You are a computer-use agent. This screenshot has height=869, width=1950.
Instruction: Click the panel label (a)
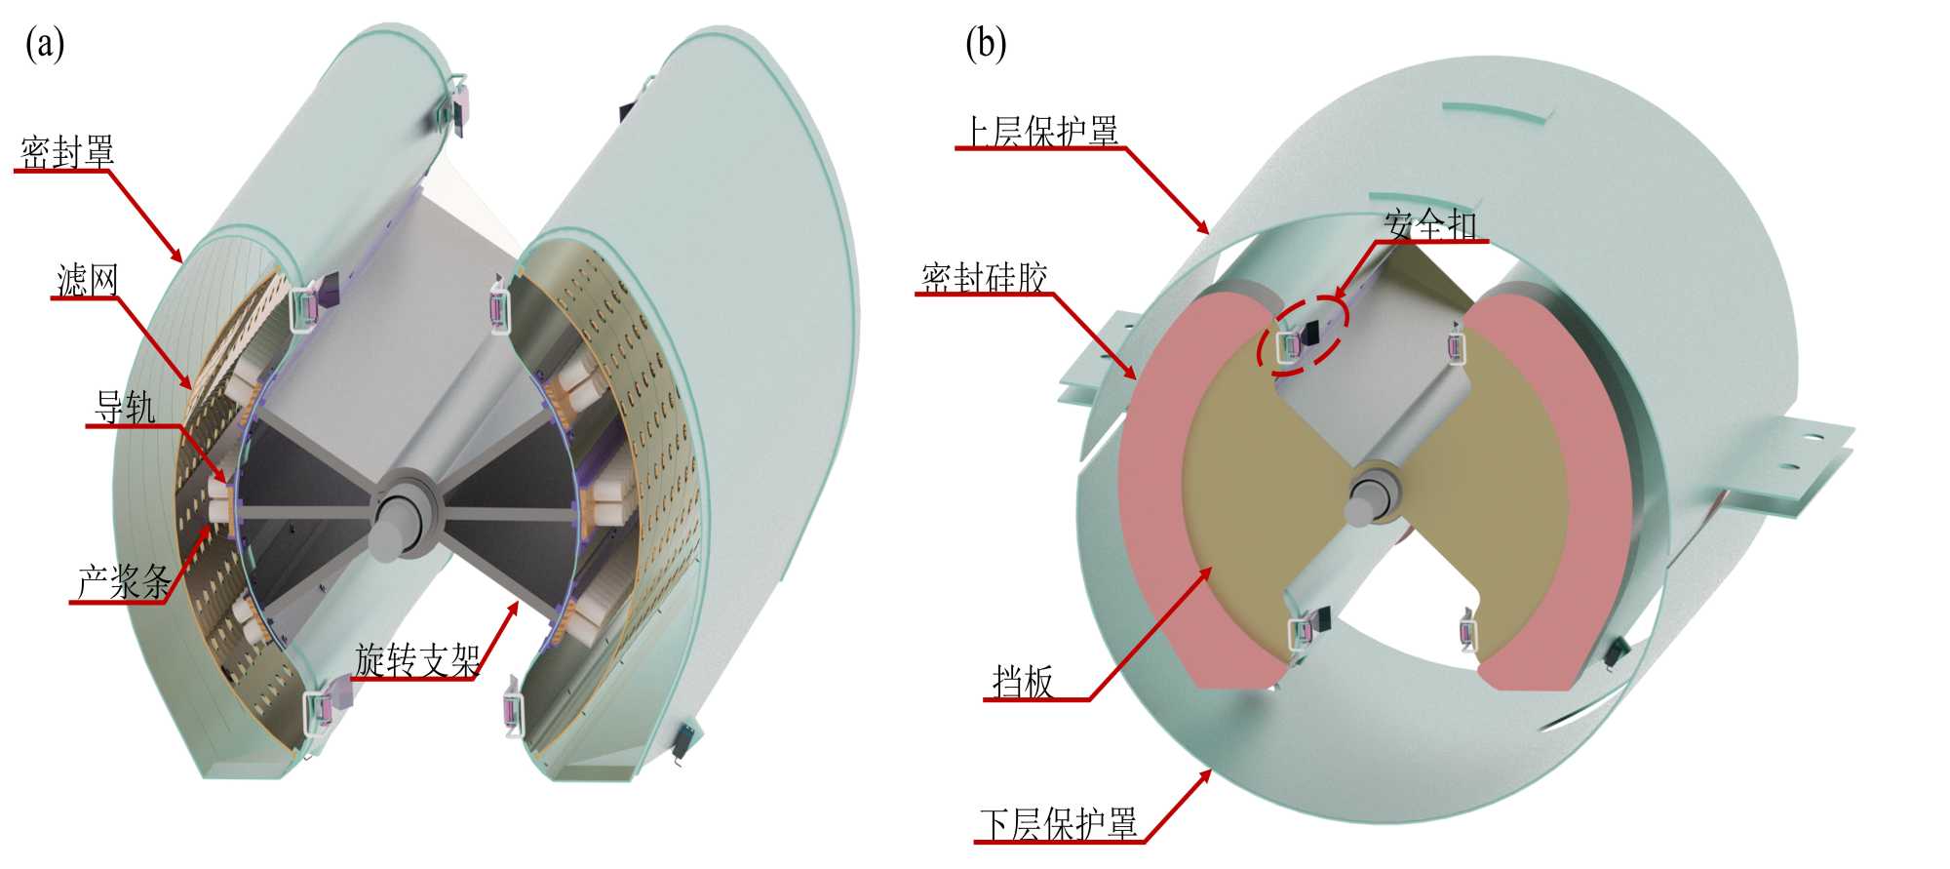(x=45, y=44)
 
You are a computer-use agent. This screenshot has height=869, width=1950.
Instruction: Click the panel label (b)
(x=986, y=44)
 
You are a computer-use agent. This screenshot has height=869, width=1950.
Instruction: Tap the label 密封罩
(x=67, y=152)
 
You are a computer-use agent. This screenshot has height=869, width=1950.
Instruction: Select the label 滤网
(x=88, y=280)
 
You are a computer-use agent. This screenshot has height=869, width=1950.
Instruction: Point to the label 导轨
(x=125, y=407)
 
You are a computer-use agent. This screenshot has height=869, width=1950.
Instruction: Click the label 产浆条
(x=124, y=583)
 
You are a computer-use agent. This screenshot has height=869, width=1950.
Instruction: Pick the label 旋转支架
(x=417, y=660)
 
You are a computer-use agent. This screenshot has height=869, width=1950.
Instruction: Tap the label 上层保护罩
(x=1040, y=131)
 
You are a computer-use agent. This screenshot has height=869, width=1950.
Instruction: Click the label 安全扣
(x=1430, y=225)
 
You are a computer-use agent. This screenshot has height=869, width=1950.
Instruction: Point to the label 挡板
(x=1023, y=682)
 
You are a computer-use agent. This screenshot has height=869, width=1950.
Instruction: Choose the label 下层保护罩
(x=1058, y=824)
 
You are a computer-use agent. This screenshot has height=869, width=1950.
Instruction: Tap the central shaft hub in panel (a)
(x=398, y=515)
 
